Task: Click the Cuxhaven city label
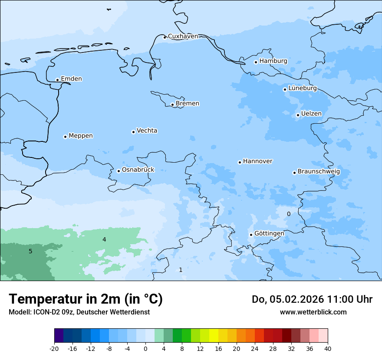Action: pyautogui.click(x=183, y=36)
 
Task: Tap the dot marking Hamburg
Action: pyautogui.click(x=256, y=62)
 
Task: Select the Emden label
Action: pyautogui.click(x=71, y=79)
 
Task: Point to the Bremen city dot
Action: pyautogui.click(x=172, y=105)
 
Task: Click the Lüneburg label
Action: pyautogui.click(x=302, y=88)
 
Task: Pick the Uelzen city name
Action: pyautogui.click(x=311, y=114)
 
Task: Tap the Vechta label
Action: pyautogui.click(x=147, y=131)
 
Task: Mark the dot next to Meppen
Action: pyautogui.click(x=65, y=137)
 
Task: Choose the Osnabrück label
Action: pyautogui.click(x=138, y=170)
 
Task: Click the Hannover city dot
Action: pyautogui.click(x=240, y=162)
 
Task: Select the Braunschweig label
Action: pyautogui.click(x=319, y=171)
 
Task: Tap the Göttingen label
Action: pyautogui.click(x=269, y=233)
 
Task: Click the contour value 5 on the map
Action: pyautogui.click(x=30, y=251)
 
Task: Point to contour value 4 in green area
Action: pyautogui.click(x=104, y=239)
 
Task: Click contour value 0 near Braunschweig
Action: pyautogui.click(x=289, y=214)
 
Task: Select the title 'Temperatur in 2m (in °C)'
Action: pyautogui.click(x=86, y=299)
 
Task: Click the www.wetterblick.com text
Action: pyautogui.click(x=313, y=312)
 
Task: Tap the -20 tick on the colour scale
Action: pyautogui.click(x=54, y=349)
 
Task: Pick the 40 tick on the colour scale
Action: pyautogui.click(x=328, y=349)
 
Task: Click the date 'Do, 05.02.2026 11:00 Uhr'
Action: pyautogui.click(x=312, y=299)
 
